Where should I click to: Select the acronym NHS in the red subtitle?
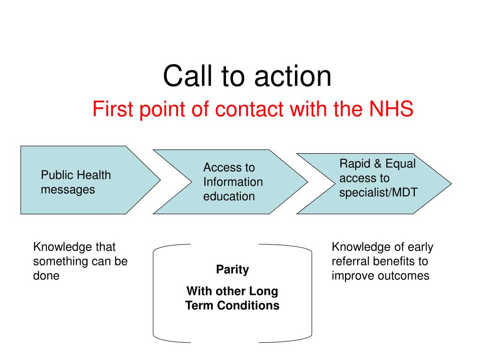click(391, 109)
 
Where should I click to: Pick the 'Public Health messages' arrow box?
click(90, 180)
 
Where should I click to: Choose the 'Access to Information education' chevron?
click(231, 182)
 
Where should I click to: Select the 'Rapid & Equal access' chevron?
click(374, 184)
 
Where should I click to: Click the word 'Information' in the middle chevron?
click(233, 182)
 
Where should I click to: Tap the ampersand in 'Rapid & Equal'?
click(377, 164)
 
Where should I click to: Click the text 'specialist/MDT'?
click(378, 193)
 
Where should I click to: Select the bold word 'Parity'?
click(232, 270)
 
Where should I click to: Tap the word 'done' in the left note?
click(46, 276)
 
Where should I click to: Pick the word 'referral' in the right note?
click(351, 261)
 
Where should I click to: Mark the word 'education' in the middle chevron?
click(229, 196)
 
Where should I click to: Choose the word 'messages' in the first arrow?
click(68, 190)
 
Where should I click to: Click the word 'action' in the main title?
click(293, 76)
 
